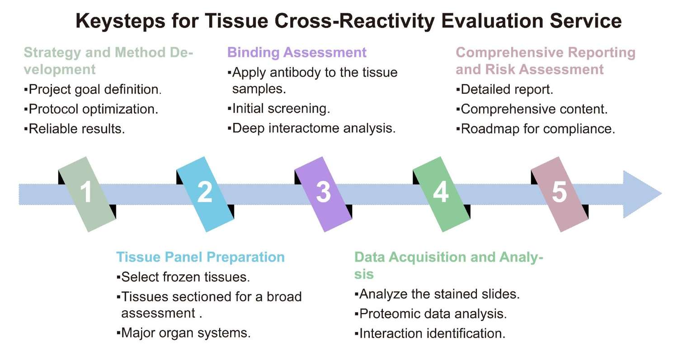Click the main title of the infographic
point(348,21)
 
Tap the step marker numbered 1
point(87,194)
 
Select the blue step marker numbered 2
point(205,194)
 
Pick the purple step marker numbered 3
point(323,194)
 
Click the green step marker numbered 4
point(441,194)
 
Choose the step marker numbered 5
point(560,194)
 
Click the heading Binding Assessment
point(297,52)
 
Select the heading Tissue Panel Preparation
point(200,257)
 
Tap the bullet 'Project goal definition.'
point(93,89)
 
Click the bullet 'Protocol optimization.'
point(91,109)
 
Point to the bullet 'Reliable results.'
point(75,129)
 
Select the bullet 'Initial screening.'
point(279,108)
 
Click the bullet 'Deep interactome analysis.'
point(311,128)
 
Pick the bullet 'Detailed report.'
point(504,89)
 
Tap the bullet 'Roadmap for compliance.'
point(536,129)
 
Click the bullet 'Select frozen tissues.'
point(184,276)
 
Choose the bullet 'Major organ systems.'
point(184,333)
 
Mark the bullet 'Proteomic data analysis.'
point(431,314)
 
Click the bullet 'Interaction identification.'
point(430,334)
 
